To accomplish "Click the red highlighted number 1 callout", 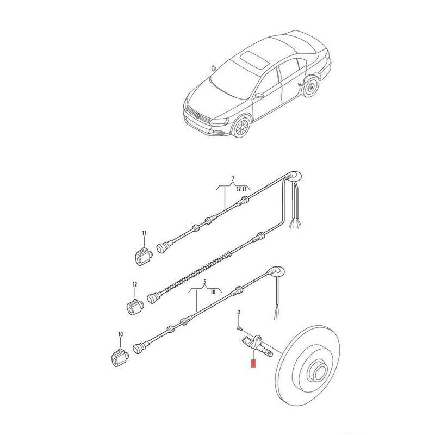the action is pyautogui.click(x=253, y=363).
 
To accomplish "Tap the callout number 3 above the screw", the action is pyautogui.click(x=239, y=312).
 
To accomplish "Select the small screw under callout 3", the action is pyautogui.click(x=240, y=329).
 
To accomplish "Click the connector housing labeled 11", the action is pyautogui.click(x=144, y=256).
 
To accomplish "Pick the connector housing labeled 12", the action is pyautogui.click(x=135, y=307).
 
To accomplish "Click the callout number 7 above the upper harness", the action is pyautogui.click(x=233, y=178).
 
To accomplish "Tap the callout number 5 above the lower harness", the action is pyautogui.click(x=205, y=282).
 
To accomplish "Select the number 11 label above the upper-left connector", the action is pyautogui.click(x=144, y=233).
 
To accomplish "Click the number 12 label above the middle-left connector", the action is pyautogui.click(x=135, y=284).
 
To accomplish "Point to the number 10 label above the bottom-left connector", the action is pyautogui.click(x=120, y=334).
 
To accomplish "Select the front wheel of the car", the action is pyautogui.click(x=241, y=127).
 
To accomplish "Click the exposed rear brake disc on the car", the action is pyautogui.click(x=310, y=87).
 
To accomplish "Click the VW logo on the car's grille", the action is pyautogui.click(x=197, y=115).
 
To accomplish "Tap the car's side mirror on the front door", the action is pyautogui.click(x=259, y=96).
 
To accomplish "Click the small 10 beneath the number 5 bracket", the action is pyautogui.click(x=213, y=292).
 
